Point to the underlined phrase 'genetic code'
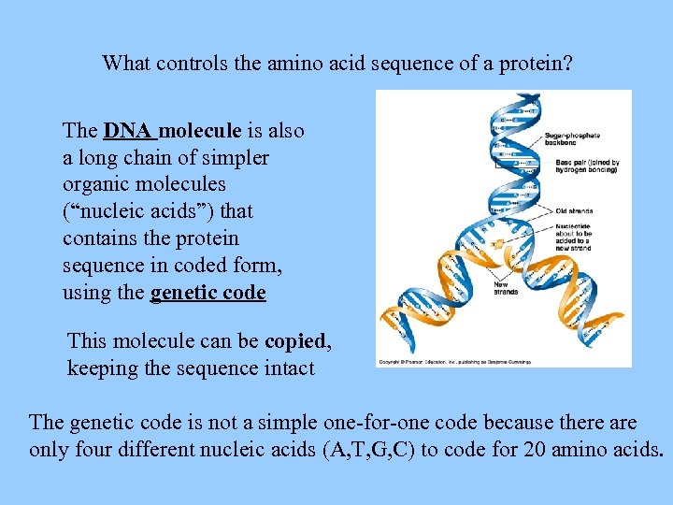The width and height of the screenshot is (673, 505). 208,293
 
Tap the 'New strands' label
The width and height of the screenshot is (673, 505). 506,288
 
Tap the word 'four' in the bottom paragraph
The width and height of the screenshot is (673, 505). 91,449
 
